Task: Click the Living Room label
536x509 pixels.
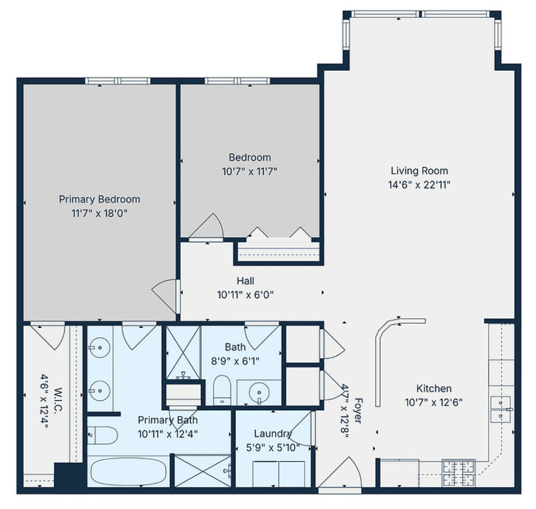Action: [419, 171]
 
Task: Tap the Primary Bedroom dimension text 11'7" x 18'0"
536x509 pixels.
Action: [100, 213]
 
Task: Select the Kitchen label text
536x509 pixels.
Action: [434, 389]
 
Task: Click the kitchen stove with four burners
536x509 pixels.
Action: [458, 473]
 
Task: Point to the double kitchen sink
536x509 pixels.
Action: [500, 409]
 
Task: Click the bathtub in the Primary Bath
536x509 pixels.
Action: [128, 471]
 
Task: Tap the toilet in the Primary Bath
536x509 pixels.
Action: [102, 435]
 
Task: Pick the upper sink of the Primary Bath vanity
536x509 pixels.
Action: [99, 348]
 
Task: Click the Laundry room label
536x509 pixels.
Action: [272, 433]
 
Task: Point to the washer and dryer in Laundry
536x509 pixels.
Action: [278, 473]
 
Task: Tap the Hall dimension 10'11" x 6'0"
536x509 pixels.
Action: [245, 295]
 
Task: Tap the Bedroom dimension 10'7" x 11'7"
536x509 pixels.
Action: [250, 171]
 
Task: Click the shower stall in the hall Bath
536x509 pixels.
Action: [184, 352]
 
